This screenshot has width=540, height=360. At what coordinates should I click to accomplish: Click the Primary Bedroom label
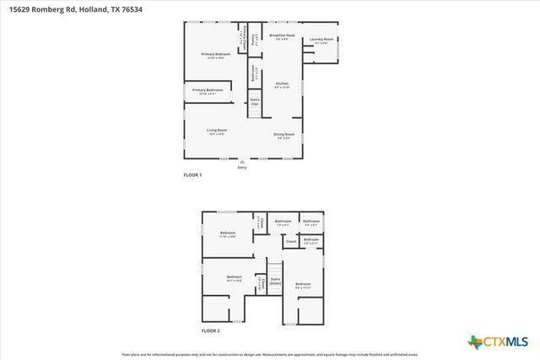(x=216, y=54)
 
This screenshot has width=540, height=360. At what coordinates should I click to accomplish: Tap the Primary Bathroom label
(x=208, y=91)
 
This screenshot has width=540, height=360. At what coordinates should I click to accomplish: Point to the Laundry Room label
(x=321, y=40)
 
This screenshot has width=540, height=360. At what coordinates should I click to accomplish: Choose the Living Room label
(x=217, y=131)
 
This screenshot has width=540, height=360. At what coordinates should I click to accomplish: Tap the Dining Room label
(x=283, y=135)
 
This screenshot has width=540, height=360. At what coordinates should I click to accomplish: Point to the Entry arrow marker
(x=242, y=160)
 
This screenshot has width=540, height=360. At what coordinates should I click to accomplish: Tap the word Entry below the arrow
(x=242, y=167)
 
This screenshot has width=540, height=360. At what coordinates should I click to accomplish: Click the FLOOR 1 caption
(x=193, y=175)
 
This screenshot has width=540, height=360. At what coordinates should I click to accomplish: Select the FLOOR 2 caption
(x=210, y=330)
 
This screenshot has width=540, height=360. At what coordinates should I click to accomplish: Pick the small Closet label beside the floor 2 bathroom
(x=291, y=242)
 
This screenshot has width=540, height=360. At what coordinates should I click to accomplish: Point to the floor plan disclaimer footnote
(x=270, y=354)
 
